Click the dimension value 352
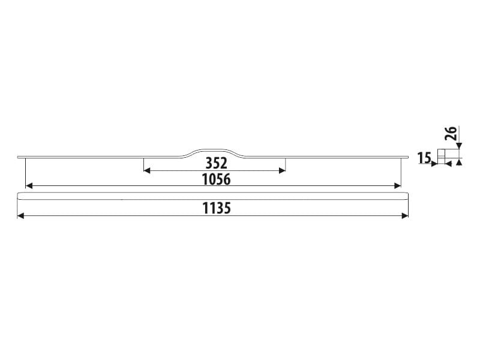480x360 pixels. coord(216,163)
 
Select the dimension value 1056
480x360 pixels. coord(216,179)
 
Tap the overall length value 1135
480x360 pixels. coord(217,208)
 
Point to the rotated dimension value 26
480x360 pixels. coord(452,133)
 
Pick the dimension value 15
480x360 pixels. coord(424,158)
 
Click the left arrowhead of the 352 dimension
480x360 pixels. coord(146,171)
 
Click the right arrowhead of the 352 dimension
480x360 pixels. coord(282,171)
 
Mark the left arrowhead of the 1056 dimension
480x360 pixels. coord(29,186)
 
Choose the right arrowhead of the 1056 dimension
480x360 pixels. coord(398,186)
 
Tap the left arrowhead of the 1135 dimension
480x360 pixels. coord(20,216)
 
